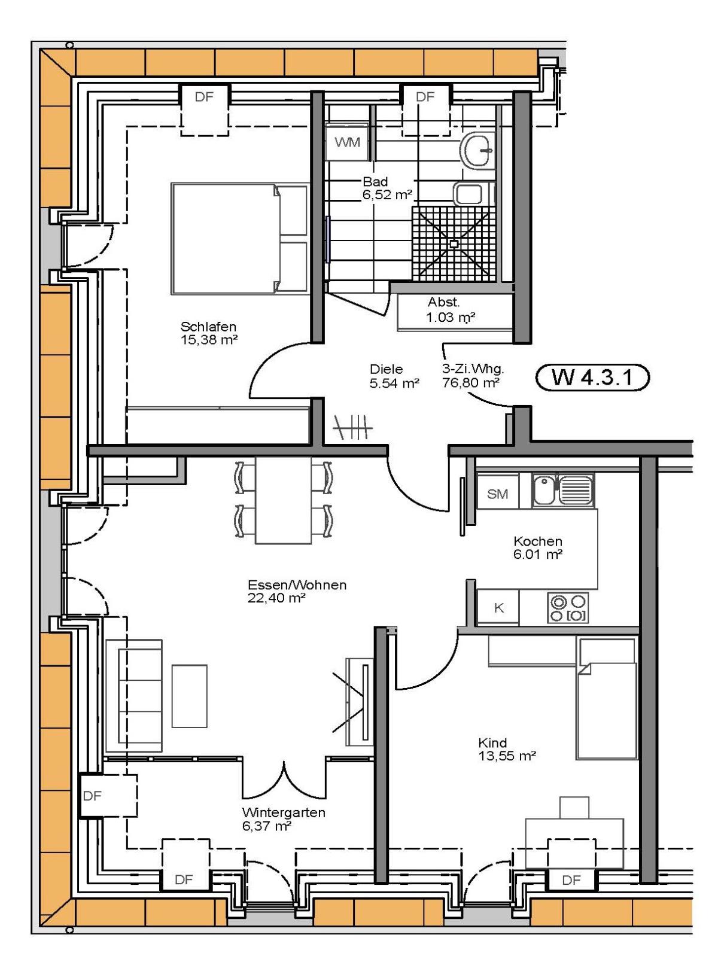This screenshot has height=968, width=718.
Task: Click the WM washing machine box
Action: coord(348,142)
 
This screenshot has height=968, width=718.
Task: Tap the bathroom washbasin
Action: coord(477,150)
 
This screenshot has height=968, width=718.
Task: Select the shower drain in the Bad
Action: coord(454,244)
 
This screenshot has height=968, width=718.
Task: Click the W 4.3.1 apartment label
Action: coord(592,377)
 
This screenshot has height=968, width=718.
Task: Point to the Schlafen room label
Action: coord(208,327)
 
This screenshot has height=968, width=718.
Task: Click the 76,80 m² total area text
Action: coord(470,383)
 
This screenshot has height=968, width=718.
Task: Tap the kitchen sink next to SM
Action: coord(562,491)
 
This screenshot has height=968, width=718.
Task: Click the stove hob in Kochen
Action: coord(568,608)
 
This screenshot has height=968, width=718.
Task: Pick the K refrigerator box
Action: coord(498,608)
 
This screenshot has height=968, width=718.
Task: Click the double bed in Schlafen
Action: coord(239,238)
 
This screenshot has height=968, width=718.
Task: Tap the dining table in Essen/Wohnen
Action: coord(283,500)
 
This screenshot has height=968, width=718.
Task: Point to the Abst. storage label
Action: coord(443,302)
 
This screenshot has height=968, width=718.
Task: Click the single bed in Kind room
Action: coord(607,698)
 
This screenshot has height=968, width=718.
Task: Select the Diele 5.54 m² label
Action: coord(394,376)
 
